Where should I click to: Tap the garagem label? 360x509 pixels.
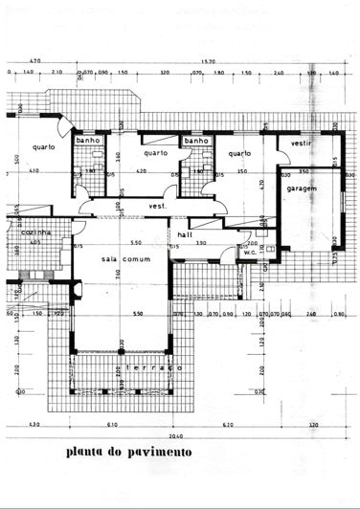click(303, 188)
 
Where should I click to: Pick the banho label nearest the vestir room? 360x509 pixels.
click(196, 141)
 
